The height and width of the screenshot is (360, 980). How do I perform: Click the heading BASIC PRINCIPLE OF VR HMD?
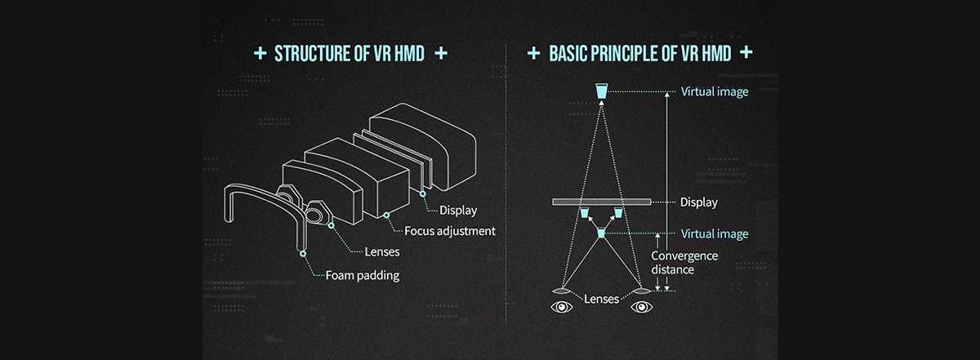640,54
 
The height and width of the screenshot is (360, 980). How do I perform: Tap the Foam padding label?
362,275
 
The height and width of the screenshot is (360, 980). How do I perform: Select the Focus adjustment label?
450,231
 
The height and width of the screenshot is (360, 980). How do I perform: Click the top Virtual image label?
714,91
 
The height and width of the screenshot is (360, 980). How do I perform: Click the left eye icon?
561,308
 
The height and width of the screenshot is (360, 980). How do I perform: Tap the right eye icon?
641,308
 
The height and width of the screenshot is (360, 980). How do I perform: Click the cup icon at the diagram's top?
601,91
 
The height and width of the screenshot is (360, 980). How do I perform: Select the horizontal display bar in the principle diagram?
600,202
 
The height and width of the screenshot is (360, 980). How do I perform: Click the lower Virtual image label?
714,233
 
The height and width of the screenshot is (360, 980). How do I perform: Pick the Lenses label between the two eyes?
601,299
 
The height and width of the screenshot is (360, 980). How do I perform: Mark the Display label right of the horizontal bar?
698,202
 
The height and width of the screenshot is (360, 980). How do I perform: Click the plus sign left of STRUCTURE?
260,54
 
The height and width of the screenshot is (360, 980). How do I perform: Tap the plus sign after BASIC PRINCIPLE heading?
745,54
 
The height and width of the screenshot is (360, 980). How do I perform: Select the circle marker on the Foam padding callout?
302,254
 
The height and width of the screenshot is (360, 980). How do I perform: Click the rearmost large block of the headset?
425,143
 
